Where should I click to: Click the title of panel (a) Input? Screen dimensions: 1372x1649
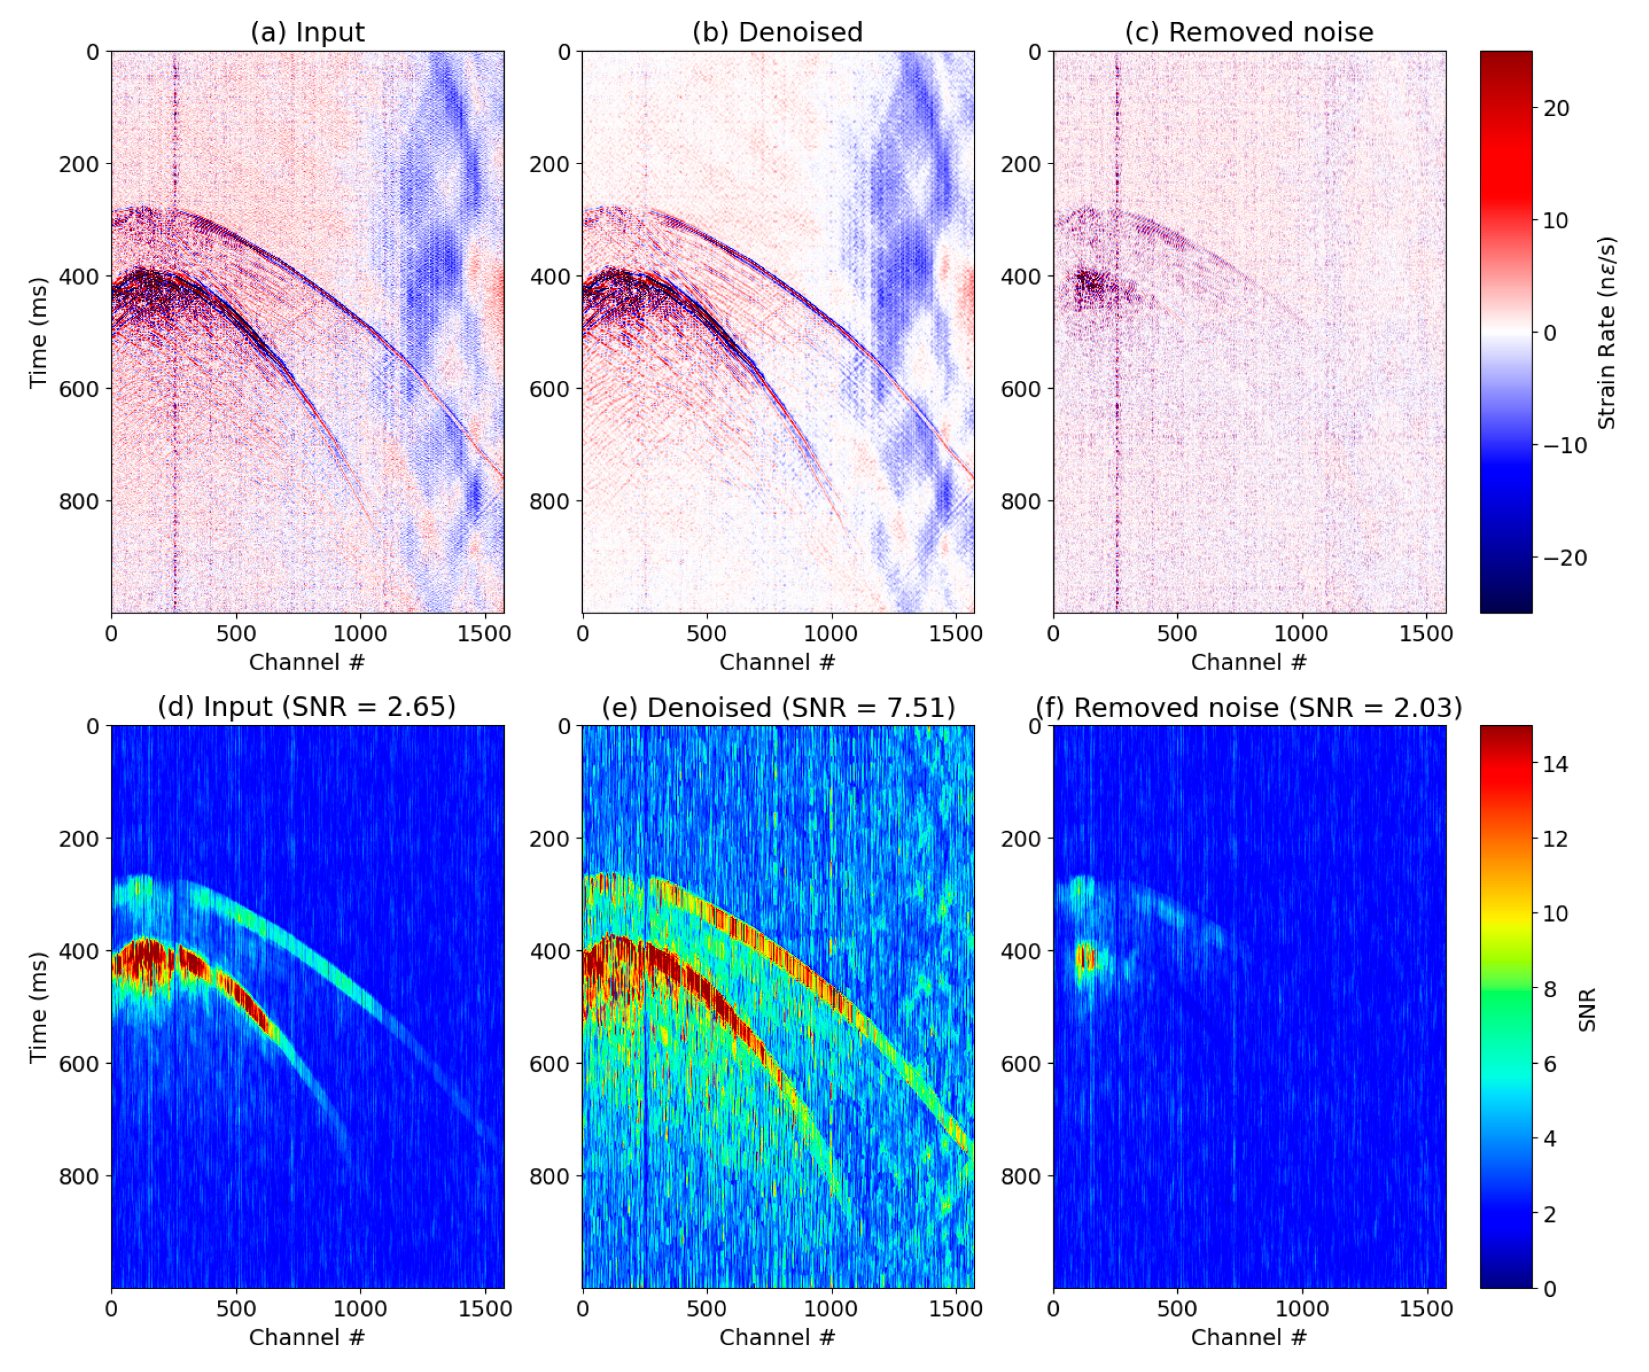pos(307,32)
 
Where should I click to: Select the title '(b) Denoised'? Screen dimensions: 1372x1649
pos(778,32)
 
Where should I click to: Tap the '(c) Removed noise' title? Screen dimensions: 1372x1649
pos(1249,32)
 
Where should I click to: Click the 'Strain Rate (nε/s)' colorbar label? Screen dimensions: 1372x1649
pos(1607,332)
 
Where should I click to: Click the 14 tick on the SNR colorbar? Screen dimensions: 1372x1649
pos(1555,764)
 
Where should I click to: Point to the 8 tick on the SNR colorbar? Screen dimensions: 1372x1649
pos(1550,989)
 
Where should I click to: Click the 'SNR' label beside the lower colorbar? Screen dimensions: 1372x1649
pos(1587,1009)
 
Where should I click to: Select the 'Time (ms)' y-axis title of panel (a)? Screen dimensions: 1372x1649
pos(38,332)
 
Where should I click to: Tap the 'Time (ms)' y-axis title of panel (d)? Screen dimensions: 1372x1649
pos(38,1008)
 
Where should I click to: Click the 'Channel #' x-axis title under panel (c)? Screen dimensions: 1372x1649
pos(1249,662)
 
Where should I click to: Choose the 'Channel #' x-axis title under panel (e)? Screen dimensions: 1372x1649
pos(778,1337)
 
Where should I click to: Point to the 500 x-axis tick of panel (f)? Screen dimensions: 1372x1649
pos(1177,1309)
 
